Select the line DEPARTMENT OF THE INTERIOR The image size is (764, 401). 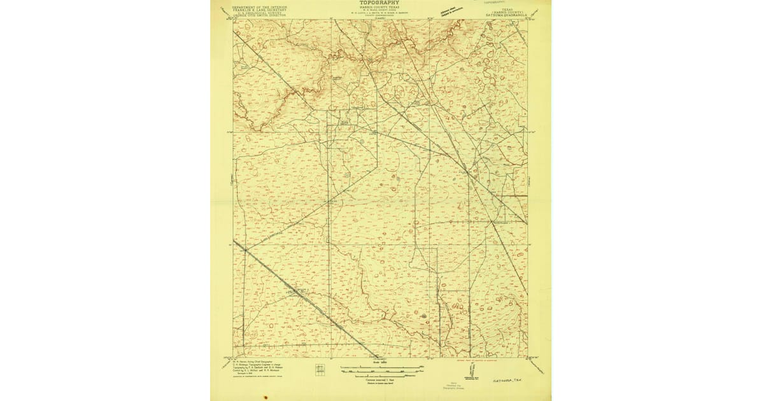point(260,7)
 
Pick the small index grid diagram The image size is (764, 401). point(320,369)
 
